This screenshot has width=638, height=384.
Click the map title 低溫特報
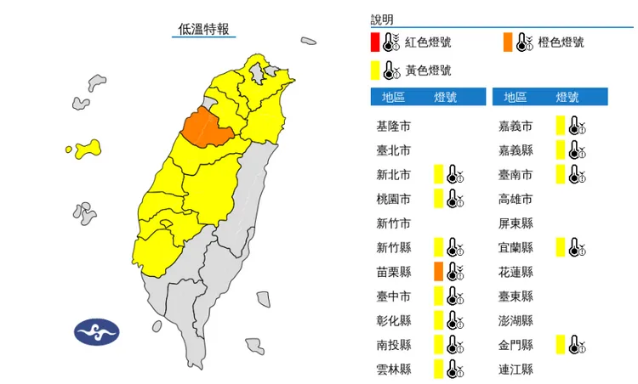(202, 29)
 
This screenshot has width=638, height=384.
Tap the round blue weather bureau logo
(97, 331)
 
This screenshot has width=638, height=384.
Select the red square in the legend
(374, 42)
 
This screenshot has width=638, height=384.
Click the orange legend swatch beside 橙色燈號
(508, 42)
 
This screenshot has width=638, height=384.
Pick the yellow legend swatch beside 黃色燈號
(374, 70)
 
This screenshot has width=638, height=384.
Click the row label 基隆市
(394, 127)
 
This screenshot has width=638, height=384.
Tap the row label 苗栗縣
(394, 272)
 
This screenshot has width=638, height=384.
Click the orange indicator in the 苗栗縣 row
(437, 272)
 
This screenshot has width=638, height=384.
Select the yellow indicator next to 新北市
(437, 175)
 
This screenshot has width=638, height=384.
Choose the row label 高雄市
(516, 200)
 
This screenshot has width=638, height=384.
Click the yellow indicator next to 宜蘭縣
(560, 247)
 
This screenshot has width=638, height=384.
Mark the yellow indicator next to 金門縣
(560, 344)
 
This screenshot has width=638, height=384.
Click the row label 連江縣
(516, 369)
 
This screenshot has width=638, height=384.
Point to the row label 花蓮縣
(516, 272)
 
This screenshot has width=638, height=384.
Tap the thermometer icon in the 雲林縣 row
(454, 369)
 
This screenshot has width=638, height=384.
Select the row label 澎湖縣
(516, 320)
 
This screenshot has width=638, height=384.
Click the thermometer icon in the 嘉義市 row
(577, 127)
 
